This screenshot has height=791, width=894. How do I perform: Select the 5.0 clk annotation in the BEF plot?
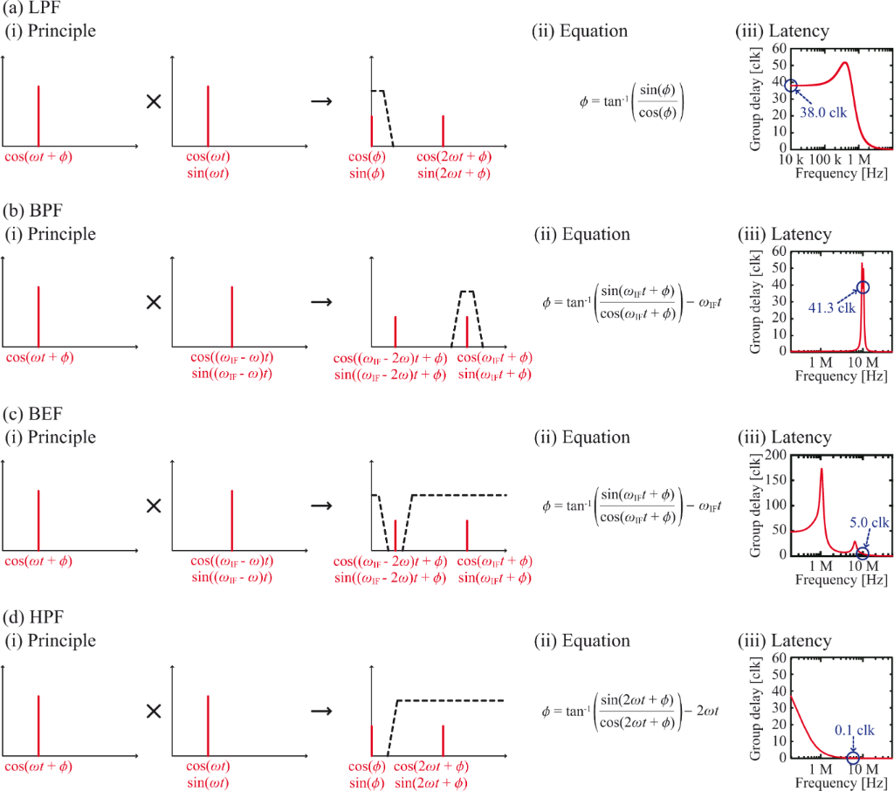click(869, 522)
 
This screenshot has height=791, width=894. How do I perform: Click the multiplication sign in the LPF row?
click(154, 102)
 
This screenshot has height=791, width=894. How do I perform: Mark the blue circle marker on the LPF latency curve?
click(791, 86)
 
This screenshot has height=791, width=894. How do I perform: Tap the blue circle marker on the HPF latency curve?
click(854, 757)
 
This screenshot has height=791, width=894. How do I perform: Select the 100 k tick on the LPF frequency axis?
click(822, 161)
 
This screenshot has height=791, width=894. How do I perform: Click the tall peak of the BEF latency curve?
click(822, 470)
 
